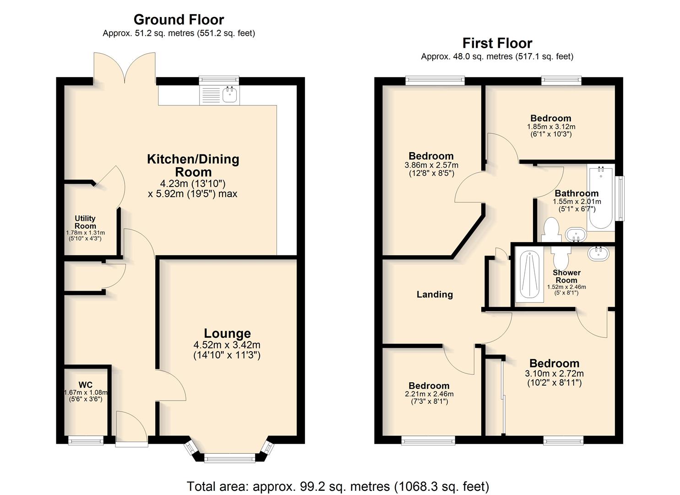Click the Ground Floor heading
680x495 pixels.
179,20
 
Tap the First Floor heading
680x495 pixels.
497,43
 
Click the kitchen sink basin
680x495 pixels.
229,94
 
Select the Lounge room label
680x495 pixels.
228,333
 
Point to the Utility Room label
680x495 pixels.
85,222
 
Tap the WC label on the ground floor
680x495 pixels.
85,385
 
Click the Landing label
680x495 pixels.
435,294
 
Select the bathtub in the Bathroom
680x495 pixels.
601,198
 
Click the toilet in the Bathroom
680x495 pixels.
552,230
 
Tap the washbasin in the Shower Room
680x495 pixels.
598,254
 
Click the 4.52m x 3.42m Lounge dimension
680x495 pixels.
227,345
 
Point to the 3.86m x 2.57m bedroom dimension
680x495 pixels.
431,165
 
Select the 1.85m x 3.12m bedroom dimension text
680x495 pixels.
551,126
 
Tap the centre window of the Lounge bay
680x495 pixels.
230,458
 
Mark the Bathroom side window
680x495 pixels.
620,198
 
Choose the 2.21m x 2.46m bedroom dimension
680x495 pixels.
429,394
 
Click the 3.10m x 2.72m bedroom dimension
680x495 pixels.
555,374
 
